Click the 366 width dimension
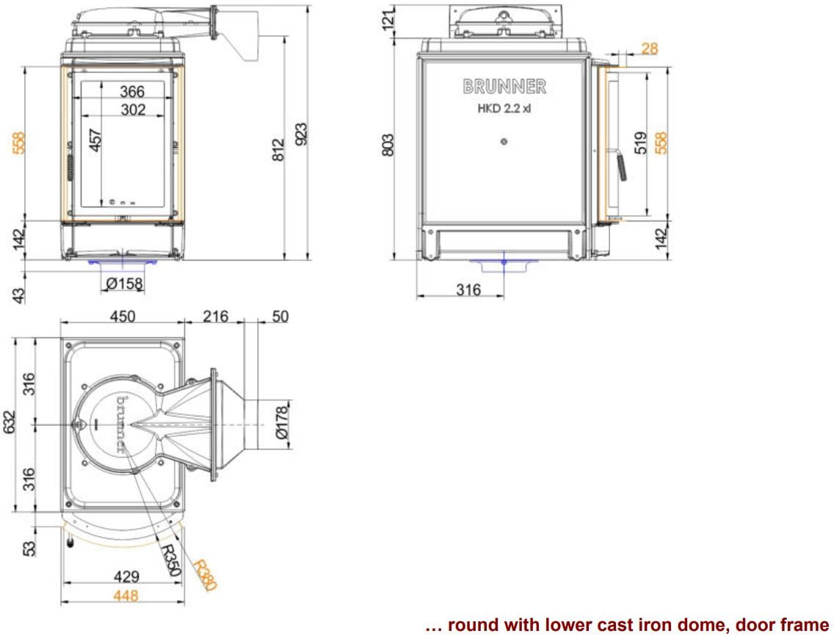(x=132, y=92)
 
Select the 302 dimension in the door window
(x=133, y=109)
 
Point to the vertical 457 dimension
(x=95, y=140)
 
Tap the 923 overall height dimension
(x=301, y=134)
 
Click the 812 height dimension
(x=278, y=150)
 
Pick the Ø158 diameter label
(x=125, y=284)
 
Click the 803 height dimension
(x=388, y=145)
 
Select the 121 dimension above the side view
(x=389, y=18)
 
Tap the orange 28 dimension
(x=650, y=48)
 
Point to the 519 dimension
(x=641, y=142)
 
